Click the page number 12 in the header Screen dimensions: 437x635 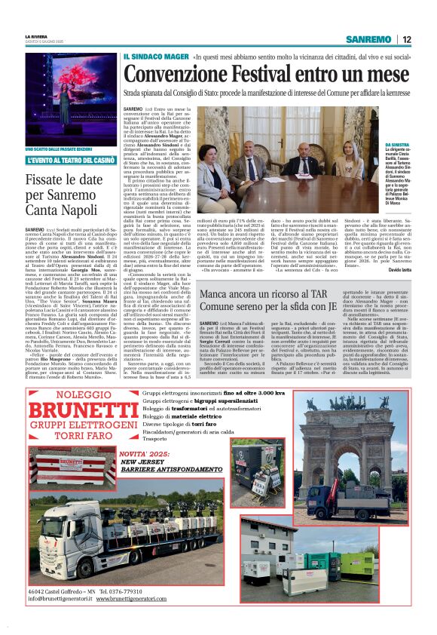tap(406, 40)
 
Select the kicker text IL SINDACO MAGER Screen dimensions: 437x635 tap(145, 57)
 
